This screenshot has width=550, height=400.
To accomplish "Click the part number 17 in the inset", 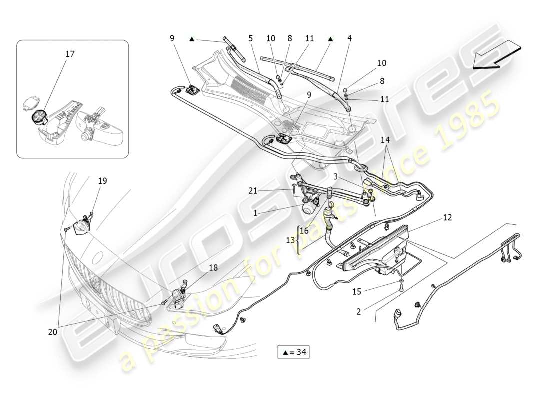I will tap(70, 54).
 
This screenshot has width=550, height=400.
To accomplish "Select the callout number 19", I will tap(102, 181).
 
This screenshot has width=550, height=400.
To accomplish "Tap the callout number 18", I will tap(213, 268).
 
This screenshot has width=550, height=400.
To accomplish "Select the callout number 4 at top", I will tap(350, 37).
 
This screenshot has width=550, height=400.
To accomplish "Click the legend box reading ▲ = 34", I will tap(293, 352).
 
